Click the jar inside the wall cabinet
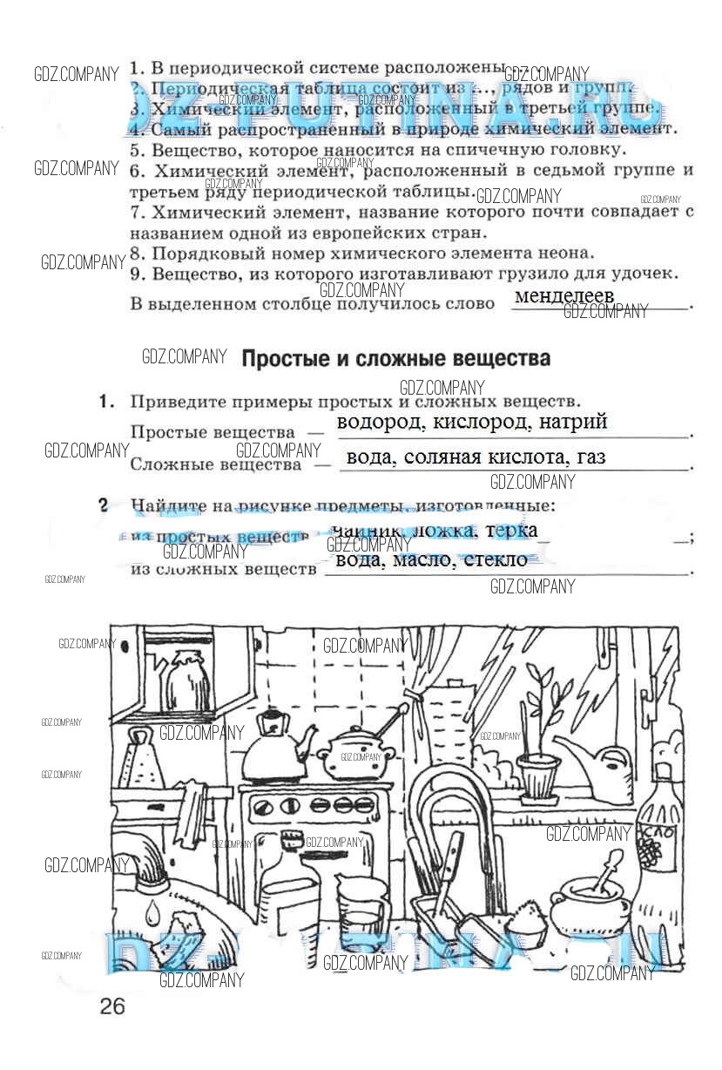tap(184, 680)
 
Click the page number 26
tap(112, 1007)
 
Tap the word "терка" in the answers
tap(511, 530)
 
